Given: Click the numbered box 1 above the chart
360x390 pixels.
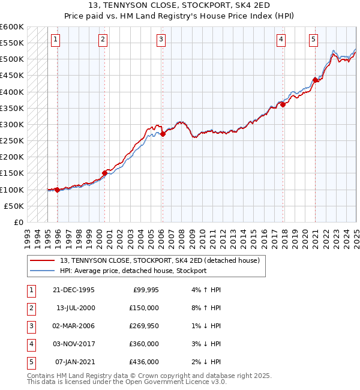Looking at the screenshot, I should (55, 40).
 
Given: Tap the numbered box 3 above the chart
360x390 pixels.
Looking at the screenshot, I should (161, 40).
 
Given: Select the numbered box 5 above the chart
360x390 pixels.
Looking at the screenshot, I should (314, 40).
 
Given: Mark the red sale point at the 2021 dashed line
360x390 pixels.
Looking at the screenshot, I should (315, 80).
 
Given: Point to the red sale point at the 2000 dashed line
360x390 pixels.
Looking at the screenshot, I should (104, 173).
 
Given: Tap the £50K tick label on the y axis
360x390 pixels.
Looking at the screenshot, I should (14, 206).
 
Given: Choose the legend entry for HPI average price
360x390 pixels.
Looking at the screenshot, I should (133, 271).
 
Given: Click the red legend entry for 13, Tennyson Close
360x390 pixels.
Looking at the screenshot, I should (159, 261).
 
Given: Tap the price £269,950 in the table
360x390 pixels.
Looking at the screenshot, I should (145, 326).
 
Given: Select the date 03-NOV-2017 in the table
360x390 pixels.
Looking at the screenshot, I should (75, 344).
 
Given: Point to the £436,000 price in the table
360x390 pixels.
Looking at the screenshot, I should (145, 362).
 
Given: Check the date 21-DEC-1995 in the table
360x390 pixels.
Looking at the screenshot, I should (75, 290).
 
